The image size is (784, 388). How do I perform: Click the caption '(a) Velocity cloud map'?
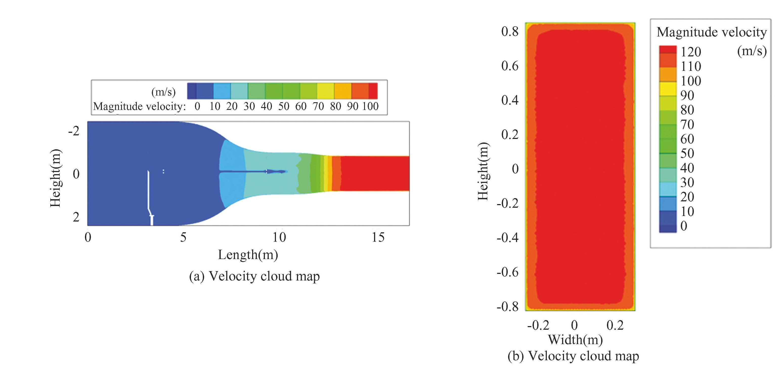click(254, 276)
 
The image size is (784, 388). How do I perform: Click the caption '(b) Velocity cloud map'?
click(573, 356)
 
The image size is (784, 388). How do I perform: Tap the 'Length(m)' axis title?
click(248, 255)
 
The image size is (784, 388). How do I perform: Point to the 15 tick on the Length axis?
click(378, 237)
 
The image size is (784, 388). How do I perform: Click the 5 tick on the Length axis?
click(183, 237)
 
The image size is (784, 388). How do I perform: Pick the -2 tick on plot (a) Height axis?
click(74, 131)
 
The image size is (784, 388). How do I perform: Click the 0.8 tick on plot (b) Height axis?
click(510, 31)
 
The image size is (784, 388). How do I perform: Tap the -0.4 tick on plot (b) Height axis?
click(507, 237)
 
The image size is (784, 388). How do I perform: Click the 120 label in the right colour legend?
click(691, 52)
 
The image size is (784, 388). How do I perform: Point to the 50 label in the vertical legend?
click(687, 153)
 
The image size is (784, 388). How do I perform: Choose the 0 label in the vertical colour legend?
click(684, 226)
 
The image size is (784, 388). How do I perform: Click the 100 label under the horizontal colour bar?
click(370, 106)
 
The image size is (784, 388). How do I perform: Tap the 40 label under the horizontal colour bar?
click(266, 106)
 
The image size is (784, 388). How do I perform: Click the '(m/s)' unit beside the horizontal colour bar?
click(163, 91)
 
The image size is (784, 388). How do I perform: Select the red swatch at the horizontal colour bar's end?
click(373, 91)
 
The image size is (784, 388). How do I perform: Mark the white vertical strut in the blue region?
click(149, 198)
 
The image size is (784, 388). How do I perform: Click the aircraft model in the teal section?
click(276, 172)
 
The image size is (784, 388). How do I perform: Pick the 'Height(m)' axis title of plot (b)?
click(483, 171)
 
